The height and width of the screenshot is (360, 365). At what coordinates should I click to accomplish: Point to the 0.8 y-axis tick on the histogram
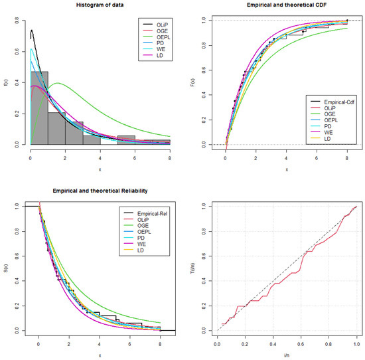[x=15, y=21]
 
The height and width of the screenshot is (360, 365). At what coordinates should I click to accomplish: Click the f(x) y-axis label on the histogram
[x=5, y=82]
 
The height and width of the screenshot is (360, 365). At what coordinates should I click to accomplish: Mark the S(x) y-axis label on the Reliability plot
[x=5, y=268]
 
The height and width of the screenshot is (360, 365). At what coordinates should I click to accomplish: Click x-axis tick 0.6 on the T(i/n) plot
[x=301, y=345]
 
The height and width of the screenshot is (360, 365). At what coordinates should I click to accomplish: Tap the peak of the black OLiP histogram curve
[x=32, y=30]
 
